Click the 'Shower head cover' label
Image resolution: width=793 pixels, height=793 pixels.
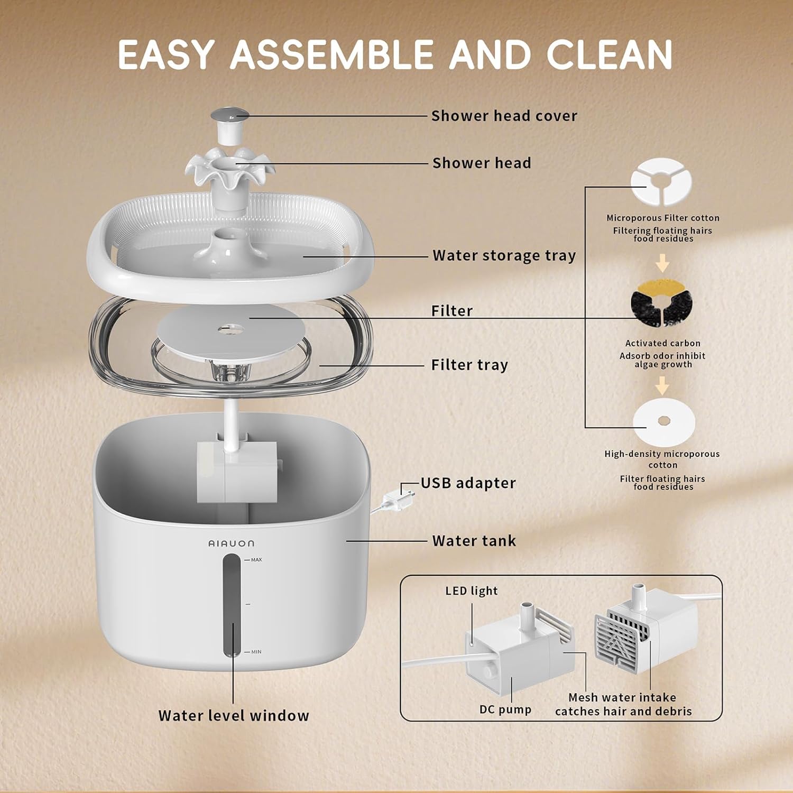tap(504, 116)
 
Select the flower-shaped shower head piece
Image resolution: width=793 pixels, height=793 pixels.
tap(229, 169)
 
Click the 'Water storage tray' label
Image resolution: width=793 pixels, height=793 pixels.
tap(504, 255)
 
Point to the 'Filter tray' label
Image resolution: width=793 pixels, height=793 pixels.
tap(469, 365)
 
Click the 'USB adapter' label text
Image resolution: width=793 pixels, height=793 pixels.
tap(468, 483)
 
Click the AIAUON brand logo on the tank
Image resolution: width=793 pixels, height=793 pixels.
tap(231, 543)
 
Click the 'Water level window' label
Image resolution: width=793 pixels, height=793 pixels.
tap(234, 716)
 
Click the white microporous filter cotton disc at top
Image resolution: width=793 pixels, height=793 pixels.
tap(661, 182)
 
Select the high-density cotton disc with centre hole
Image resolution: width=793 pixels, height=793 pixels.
tap(665, 421)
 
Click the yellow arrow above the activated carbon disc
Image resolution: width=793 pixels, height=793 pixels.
tap(662, 263)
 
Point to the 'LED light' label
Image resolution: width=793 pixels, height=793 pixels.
tap(472, 591)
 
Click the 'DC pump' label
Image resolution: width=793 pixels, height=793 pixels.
tap(505, 709)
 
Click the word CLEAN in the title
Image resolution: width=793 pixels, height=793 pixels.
tap(609, 54)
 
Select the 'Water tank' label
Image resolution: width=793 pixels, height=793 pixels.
tap(474, 541)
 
